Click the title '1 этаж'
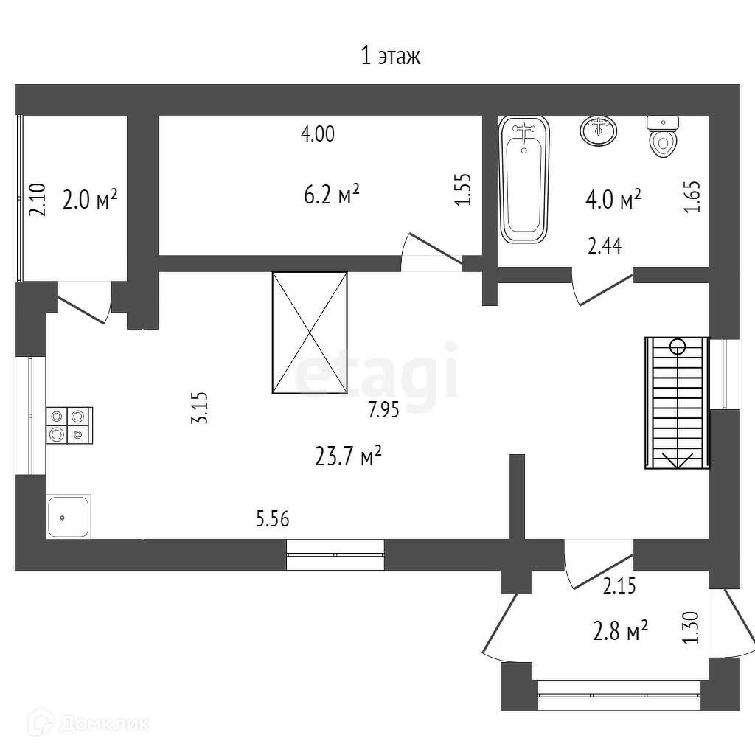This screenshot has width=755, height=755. pyautogui.click(x=391, y=56)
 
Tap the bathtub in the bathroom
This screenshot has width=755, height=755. pyautogui.click(x=524, y=179)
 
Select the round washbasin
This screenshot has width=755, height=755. pyautogui.click(x=599, y=130)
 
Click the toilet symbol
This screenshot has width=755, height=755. pyautogui.click(x=663, y=136)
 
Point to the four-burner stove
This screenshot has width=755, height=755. pyautogui.click(x=69, y=425)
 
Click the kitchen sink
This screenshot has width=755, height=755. pyautogui.click(x=69, y=516)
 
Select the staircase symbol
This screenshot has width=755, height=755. pyautogui.click(x=677, y=403)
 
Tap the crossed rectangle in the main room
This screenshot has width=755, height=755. pyautogui.click(x=310, y=333)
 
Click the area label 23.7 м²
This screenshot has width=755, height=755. pyautogui.click(x=348, y=456)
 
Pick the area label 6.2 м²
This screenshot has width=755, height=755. pyautogui.click(x=332, y=194)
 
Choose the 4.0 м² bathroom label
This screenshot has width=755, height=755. pyautogui.click(x=613, y=199)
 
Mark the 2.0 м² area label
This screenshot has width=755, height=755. pyautogui.click(x=90, y=199)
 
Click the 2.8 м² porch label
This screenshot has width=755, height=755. pyautogui.click(x=620, y=631)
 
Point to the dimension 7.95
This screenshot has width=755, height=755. pyautogui.click(x=383, y=410)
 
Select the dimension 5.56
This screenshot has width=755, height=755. pyautogui.click(x=273, y=519)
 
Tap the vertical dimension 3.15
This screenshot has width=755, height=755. pyautogui.click(x=199, y=408)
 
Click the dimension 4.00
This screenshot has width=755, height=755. pyautogui.click(x=318, y=134)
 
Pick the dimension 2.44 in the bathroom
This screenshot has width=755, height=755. pyautogui.click(x=605, y=246)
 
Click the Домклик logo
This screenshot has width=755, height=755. pyautogui.click(x=88, y=723)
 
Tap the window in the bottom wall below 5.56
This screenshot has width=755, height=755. pyautogui.click(x=335, y=554)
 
